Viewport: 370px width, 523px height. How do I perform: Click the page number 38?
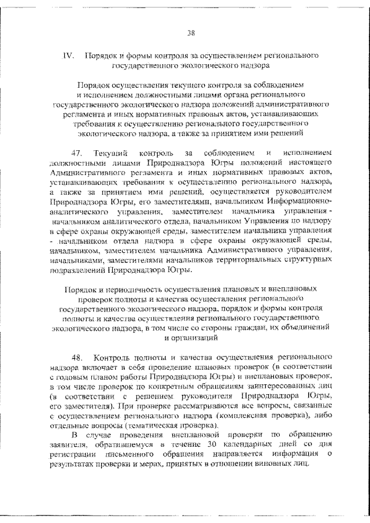pos(190,32)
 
